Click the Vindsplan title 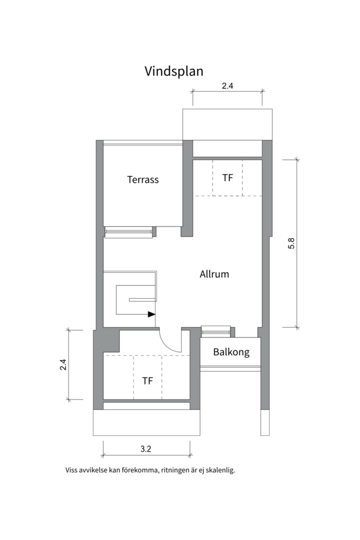click(174, 71)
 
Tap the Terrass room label click(143, 179)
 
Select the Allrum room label click(214, 274)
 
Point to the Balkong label click(231, 352)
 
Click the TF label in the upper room click(227, 177)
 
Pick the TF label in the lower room click(147, 381)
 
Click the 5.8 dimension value click(291, 243)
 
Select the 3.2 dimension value click(145, 449)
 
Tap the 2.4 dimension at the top click(227, 86)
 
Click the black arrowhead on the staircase click(151, 314)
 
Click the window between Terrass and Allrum click(128, 232)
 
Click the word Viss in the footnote click(71, 470)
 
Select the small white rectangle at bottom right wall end click(265, 422)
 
